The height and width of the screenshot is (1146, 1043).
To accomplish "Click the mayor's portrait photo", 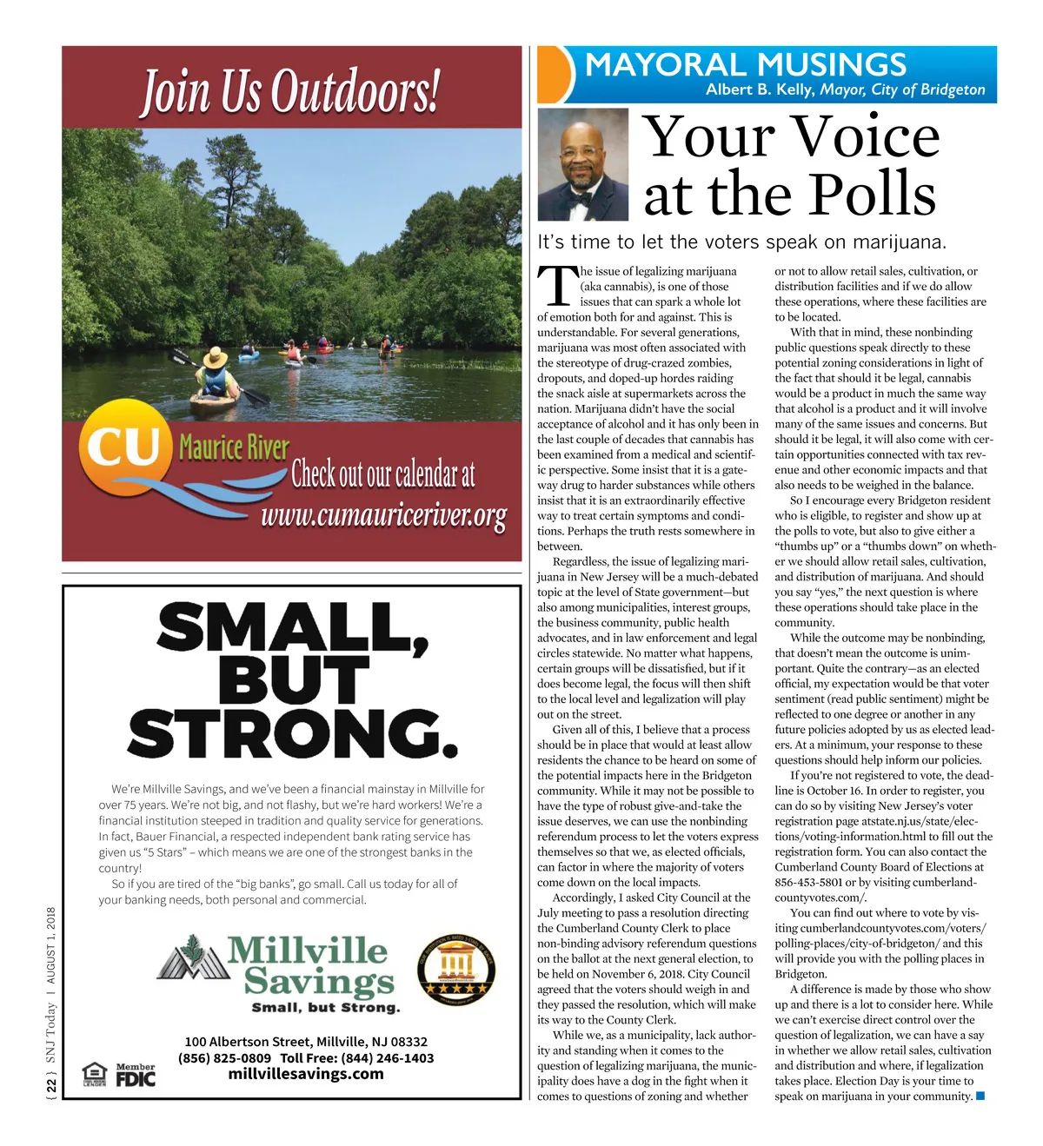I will (x=582, y=164).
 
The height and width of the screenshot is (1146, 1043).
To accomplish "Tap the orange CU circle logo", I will (x=123, y=445).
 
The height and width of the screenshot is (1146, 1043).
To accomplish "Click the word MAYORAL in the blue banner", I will (x=665, y=65).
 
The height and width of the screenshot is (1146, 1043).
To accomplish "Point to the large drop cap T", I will (x=556, y=286).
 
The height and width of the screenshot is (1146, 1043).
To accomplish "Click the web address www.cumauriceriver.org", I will (x=383, y=516).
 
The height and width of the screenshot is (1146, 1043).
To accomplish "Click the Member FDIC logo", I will (x=136, y=1075).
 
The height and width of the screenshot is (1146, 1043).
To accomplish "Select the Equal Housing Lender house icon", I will (x=94, y=1075).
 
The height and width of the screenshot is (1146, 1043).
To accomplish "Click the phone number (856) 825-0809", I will (x=224, y=1058).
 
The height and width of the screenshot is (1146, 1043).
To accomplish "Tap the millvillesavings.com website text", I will (x=306, y=1074).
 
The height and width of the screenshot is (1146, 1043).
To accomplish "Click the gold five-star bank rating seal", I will (x=456, y=971).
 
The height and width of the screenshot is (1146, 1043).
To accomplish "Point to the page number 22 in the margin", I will (x=51, y=1086).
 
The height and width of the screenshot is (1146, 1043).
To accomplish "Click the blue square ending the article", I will (x=980, y=1096).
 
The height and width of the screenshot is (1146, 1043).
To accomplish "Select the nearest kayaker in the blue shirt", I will (x=213, y=382).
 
